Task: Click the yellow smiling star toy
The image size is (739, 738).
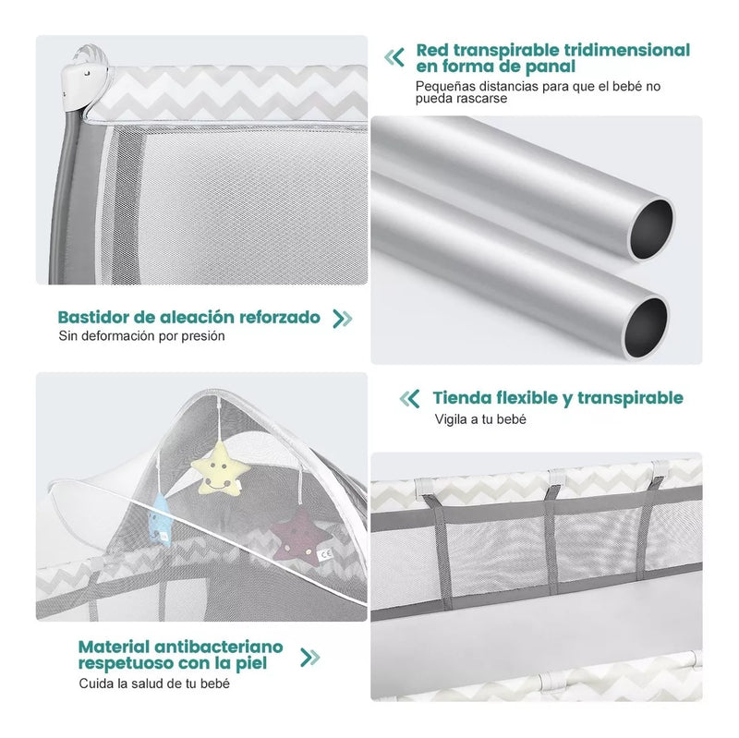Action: coord(221,468)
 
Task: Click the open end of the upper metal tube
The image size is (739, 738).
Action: coord(652,229)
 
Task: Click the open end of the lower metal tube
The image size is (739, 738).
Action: coord(646,327)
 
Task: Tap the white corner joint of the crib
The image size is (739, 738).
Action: coord(87,81)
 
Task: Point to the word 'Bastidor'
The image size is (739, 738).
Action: coord(93,317)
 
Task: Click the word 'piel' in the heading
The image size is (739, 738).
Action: coord(250,663)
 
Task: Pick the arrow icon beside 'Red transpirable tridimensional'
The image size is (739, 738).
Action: coord(394,57)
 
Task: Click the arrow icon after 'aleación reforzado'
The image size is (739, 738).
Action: coord(342,319)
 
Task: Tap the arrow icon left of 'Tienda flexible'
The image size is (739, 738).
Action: coord(409,399)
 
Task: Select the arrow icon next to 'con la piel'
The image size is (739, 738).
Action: coord(310,658)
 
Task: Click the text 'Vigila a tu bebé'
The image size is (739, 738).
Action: coord(480,419)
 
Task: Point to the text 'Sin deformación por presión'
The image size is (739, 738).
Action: coord(141,336)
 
